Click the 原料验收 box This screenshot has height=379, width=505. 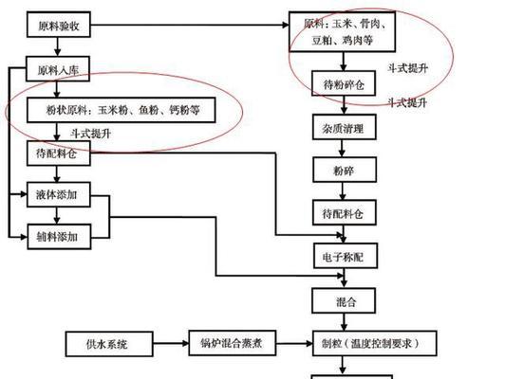pyautogui.click(x=59, y=25)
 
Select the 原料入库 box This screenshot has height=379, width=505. pyautogui.click(x=58, y=69)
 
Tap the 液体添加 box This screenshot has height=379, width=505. pyautogui.click(x=59, y=195)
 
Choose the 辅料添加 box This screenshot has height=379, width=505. pyautogui.click(x=59, y=237)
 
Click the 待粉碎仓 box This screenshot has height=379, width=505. pyautogui.click(x=344, y=83)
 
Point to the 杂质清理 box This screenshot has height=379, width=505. pyautogui.click(x=345, y=127)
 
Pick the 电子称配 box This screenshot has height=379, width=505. pyautogui.click(x=346, y=256)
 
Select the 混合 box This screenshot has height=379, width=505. pyautogui.click(x=344, y=301)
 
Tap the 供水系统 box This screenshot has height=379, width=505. pyautogui.click(x=109, y=344)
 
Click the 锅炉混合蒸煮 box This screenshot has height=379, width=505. pyautogui.click(x=233, y=343)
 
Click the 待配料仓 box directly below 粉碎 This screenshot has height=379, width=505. pyautogui.click(x=345, y=212)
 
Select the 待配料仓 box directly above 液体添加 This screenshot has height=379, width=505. pyautogui.click(x=59, y=153)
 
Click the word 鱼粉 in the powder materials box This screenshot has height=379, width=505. pyautogui.click(x=148, y=110)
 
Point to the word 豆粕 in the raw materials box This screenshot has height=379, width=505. pyautogui.click(x=322, y=40)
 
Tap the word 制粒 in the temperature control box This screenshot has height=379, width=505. pyautogui.click(x=331, y=343)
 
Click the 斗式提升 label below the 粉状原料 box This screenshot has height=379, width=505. pyautogui.click(x=91, y=133)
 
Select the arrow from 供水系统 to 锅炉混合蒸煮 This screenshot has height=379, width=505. pyautogui.click(x=171, y=344)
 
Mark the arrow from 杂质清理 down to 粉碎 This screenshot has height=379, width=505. pyautogui.click(x=342, y=149)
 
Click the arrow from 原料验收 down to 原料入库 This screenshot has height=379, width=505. pyautogui.click(x=58, y=47)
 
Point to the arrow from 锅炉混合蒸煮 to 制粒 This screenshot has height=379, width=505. pyautogui.click(x=294, y=344)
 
